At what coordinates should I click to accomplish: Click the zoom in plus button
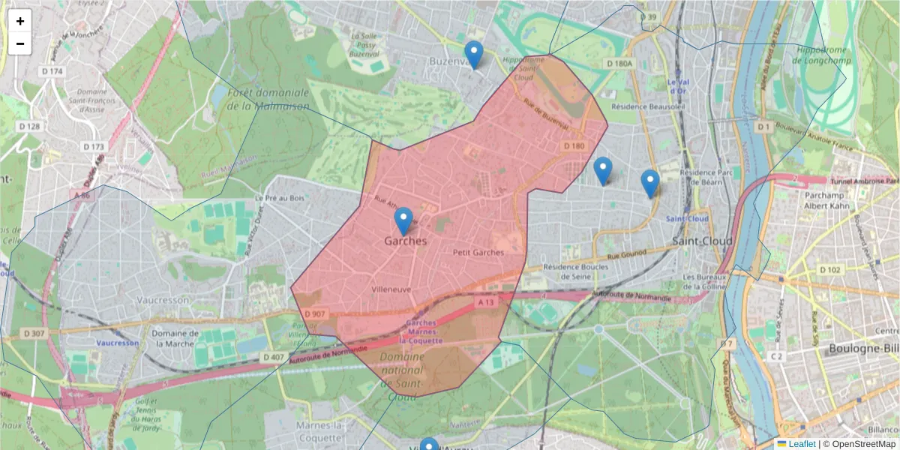point(20,22)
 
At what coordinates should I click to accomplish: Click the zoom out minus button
point(20,43)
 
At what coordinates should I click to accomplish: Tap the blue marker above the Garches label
point(403,220)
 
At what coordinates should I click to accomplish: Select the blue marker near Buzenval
point(473,54)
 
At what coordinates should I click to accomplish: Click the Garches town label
point(405,241)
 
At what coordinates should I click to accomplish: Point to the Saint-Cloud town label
point(702,241)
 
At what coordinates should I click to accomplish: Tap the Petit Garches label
point(478,253)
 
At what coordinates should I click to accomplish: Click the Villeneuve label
point(391,289)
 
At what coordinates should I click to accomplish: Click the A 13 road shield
point(486,301)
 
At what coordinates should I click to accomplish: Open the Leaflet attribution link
point(802,444)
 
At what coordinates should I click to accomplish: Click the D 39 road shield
point(649,17)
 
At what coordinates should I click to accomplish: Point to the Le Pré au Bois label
point(280,198)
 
